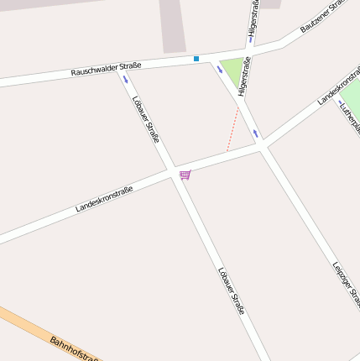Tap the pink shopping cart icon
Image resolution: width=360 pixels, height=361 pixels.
185,175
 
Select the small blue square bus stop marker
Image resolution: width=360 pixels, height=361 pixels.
196,59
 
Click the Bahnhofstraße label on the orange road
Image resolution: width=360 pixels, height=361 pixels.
74,351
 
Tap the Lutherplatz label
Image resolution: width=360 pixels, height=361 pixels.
349,118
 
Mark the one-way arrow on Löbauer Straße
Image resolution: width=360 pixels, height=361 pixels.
126,80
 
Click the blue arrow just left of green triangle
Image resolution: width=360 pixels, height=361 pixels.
220,70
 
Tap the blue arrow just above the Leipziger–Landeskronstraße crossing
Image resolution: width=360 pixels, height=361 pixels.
255,133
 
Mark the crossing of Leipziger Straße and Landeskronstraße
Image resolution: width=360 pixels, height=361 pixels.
263,146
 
